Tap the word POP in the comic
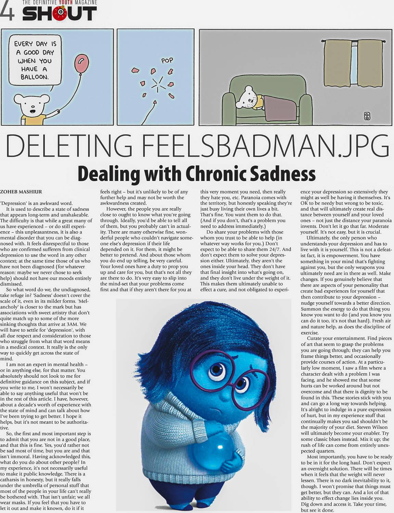167,61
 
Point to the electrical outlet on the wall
367,116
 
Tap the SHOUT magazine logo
60,14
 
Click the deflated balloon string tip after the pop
155,102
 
